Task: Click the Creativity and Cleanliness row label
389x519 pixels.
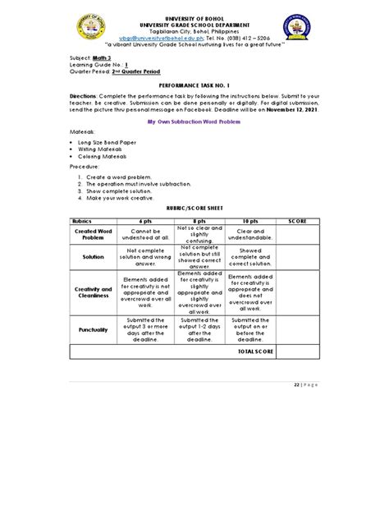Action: click(93, 293)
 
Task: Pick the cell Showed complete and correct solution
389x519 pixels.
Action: click(250, 256)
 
